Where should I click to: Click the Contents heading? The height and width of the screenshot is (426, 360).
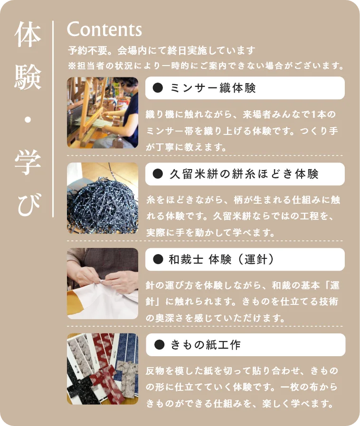(x=104, y=29)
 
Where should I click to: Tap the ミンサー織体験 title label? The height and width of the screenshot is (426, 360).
(x=212, y=88)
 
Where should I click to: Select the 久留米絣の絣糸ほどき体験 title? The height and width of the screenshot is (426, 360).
(x=244, y=174)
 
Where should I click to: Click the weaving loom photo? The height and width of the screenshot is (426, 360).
(x=103, y=113)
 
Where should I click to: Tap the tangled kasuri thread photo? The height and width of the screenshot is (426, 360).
(x=103, y=198)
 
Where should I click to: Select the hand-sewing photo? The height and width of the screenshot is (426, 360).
(x=103, y=284)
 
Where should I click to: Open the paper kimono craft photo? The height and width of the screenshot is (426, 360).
(x=103, y=369)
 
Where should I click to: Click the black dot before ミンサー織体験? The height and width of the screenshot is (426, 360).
(x=158, y=88)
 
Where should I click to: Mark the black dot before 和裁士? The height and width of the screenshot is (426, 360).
(x=158, y=259)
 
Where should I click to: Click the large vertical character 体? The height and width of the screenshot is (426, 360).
(x=28, y=36)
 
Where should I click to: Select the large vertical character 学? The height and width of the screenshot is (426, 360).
(x=28, y=163)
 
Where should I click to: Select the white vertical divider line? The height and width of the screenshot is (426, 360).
(x=53, y=119)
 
